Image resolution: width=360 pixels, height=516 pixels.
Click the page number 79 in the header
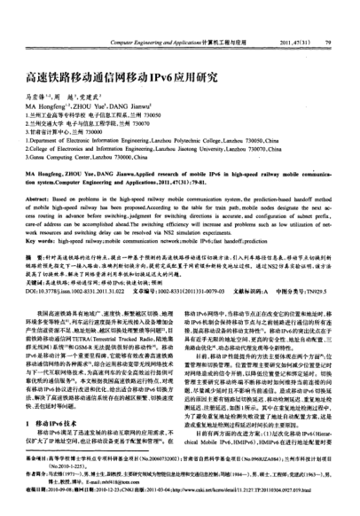(x=328, y=17)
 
